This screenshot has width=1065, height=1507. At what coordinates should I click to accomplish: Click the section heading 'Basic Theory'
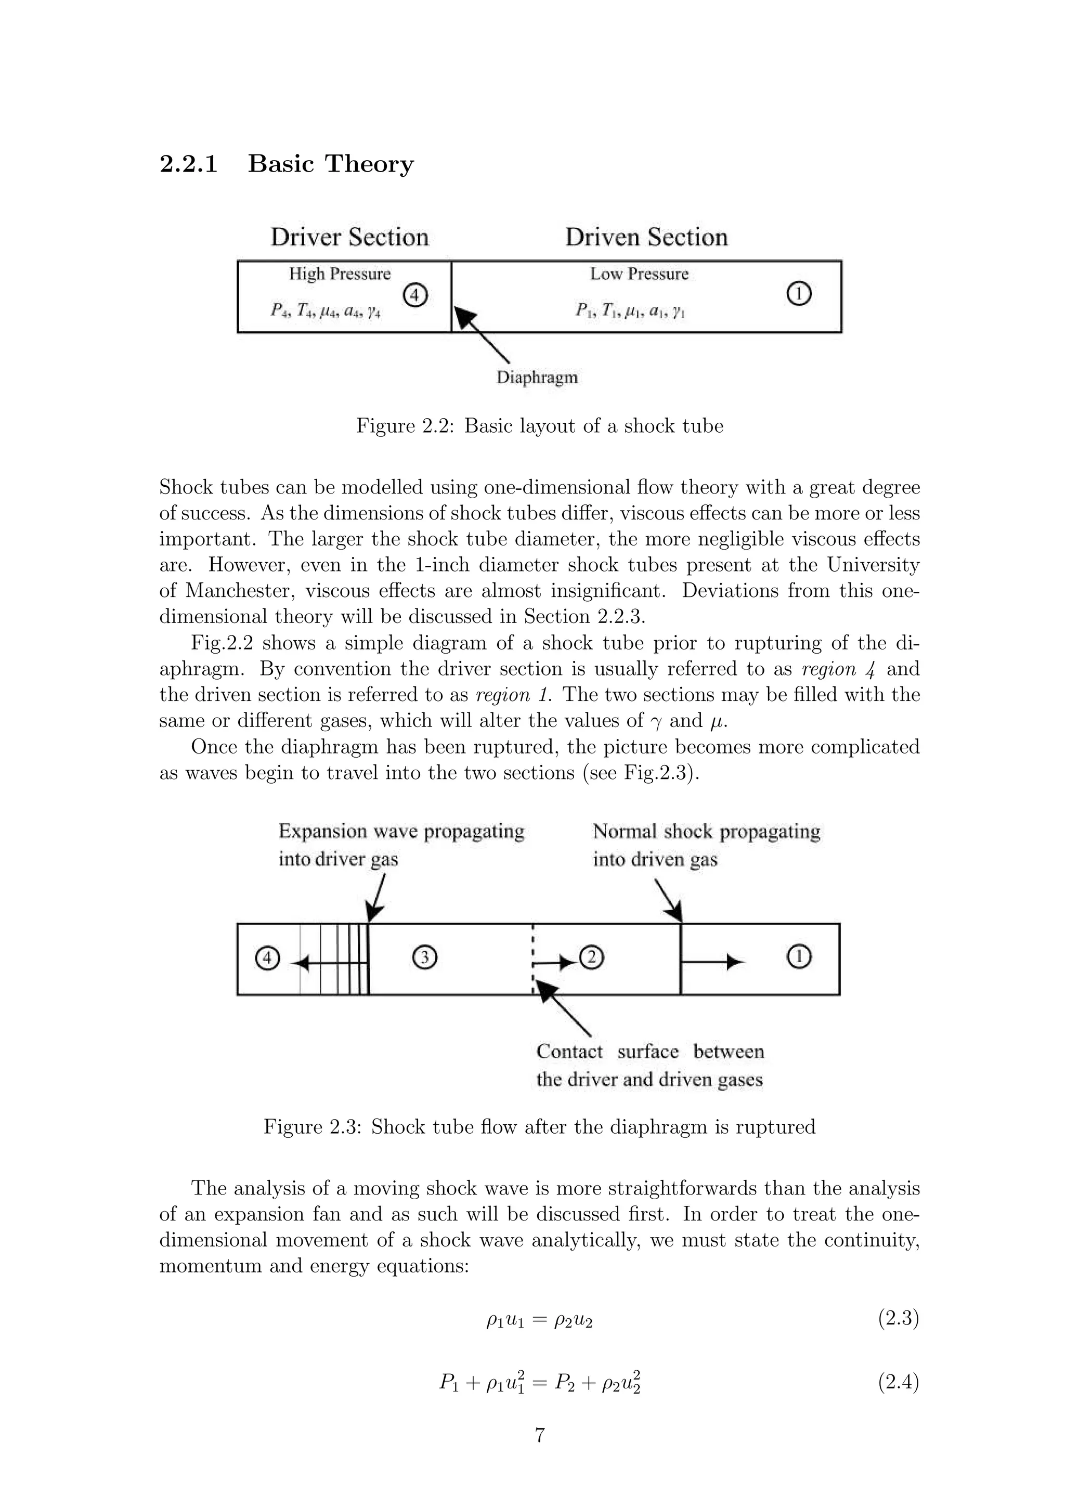tap(330, 163)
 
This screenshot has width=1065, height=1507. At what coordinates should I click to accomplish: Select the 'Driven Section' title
tap(646, 237)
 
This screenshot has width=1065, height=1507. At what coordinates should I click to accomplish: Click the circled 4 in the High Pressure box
tap(414, 295)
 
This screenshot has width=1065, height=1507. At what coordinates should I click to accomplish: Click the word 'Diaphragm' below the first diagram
tap(537, 378)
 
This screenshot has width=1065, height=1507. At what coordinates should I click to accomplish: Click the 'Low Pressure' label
tap(639, 274)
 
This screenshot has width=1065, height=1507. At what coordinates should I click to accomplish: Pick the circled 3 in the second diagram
tap(424, 958)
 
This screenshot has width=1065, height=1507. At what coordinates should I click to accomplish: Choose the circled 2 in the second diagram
tap(591, 958)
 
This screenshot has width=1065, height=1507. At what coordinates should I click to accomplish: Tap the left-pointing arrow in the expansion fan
tap(328, 963)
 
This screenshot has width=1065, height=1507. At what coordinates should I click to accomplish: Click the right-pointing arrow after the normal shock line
tap(714, 962)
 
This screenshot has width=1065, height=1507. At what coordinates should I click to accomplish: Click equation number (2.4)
tap(898, 1383)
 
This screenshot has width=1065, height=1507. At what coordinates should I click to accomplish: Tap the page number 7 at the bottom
tap(539, 1435)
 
